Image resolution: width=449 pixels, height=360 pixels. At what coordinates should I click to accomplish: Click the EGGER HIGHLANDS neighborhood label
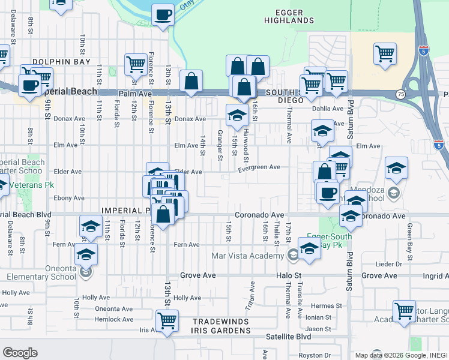tap(289, 16)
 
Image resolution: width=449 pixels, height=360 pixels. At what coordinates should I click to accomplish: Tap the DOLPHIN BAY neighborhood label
tap(61, 62)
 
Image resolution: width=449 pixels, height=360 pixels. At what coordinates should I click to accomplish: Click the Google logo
tap(20, 353)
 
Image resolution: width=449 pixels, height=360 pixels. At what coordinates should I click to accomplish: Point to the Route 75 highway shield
tap(400, 94)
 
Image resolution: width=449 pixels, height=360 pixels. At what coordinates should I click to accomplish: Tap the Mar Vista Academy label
tap(248, 256)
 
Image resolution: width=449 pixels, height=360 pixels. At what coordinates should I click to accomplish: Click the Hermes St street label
tap(330, 306)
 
